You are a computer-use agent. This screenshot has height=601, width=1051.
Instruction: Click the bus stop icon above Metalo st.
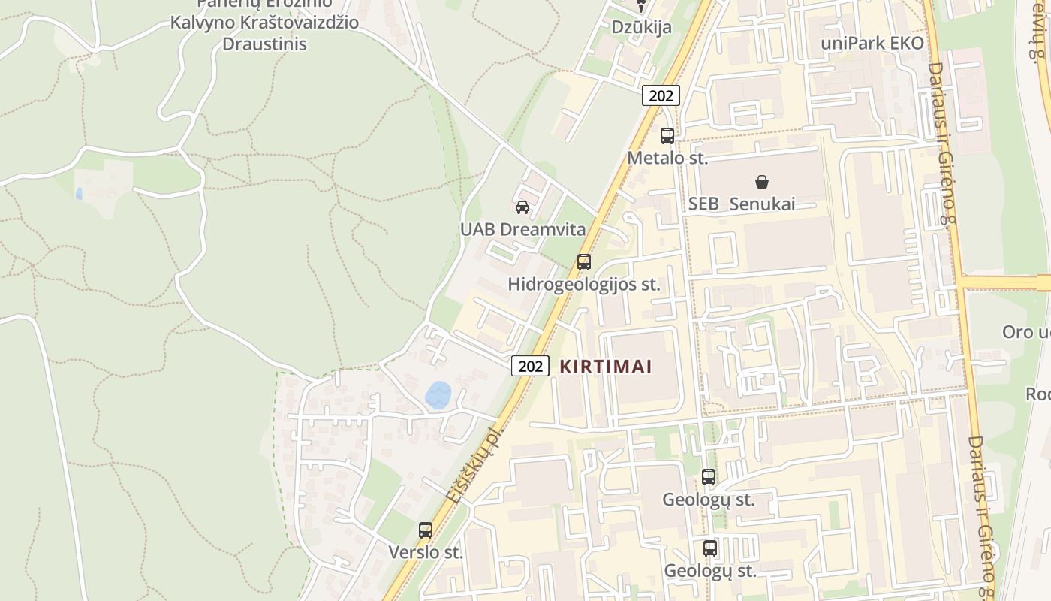point(667,136)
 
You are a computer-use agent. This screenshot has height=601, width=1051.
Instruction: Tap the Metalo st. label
point(667,158)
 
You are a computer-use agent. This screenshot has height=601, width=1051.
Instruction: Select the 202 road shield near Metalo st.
point(661,95)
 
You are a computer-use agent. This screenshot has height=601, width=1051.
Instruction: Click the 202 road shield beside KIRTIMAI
point(530,366)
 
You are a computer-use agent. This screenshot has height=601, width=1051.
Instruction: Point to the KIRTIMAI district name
point(606,367)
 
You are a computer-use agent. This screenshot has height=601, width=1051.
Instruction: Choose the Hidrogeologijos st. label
point(584,284)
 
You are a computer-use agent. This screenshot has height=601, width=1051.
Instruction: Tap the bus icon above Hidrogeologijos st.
point(583,262)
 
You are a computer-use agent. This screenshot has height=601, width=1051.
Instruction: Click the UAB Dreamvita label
point(522,229)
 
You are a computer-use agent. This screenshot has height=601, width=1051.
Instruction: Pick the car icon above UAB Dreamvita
point(522,207)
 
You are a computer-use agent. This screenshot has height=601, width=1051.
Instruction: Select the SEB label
point(703,204)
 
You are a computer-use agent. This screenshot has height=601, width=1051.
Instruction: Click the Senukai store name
point(762,204)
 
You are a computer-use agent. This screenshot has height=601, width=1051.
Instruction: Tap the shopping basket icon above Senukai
point(762,181)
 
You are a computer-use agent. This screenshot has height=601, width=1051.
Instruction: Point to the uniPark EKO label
point(872,43)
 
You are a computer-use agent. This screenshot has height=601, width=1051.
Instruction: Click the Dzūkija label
point(641,27)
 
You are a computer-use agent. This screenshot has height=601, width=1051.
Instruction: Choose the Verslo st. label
point(426,552)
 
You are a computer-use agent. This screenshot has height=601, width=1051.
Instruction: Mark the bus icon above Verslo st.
point(426,530)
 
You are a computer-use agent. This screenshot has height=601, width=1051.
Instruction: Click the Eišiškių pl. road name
point(473,465)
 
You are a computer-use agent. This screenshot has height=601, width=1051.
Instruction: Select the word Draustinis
point(264,44)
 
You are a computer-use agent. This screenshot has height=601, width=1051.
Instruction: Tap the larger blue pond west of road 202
point(438,394)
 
